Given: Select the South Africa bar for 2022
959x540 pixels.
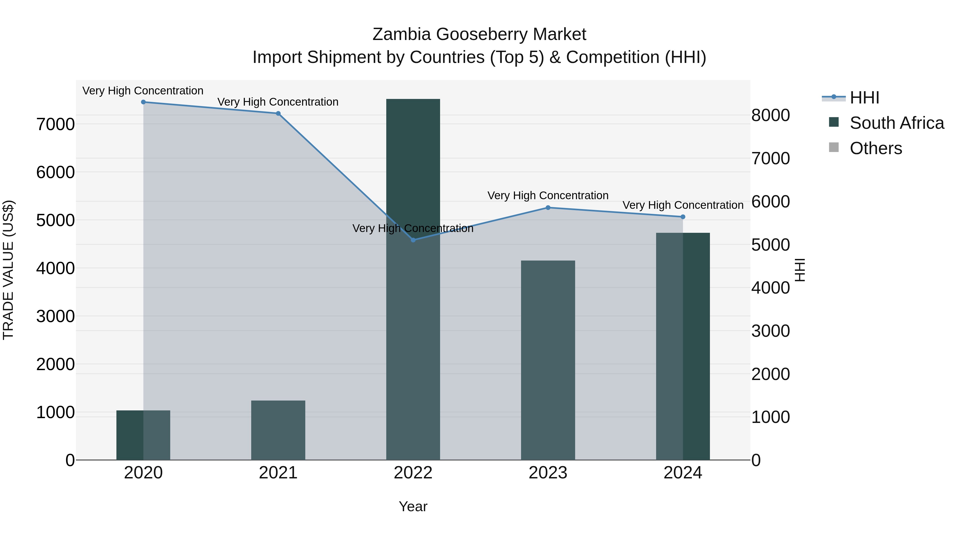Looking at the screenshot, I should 413,335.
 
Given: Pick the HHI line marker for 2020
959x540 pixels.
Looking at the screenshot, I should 143,102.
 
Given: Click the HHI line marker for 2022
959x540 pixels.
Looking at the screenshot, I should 413,240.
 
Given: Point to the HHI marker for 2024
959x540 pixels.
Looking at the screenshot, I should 683,217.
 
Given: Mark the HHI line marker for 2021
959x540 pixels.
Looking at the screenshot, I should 278,113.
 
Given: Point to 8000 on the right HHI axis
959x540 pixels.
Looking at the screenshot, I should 770,115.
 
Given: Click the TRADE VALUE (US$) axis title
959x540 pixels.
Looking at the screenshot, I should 8,270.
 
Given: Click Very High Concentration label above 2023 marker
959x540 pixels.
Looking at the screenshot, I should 548,196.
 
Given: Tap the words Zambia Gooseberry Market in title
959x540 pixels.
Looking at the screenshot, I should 479,34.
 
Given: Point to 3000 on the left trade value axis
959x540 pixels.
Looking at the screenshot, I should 55,316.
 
